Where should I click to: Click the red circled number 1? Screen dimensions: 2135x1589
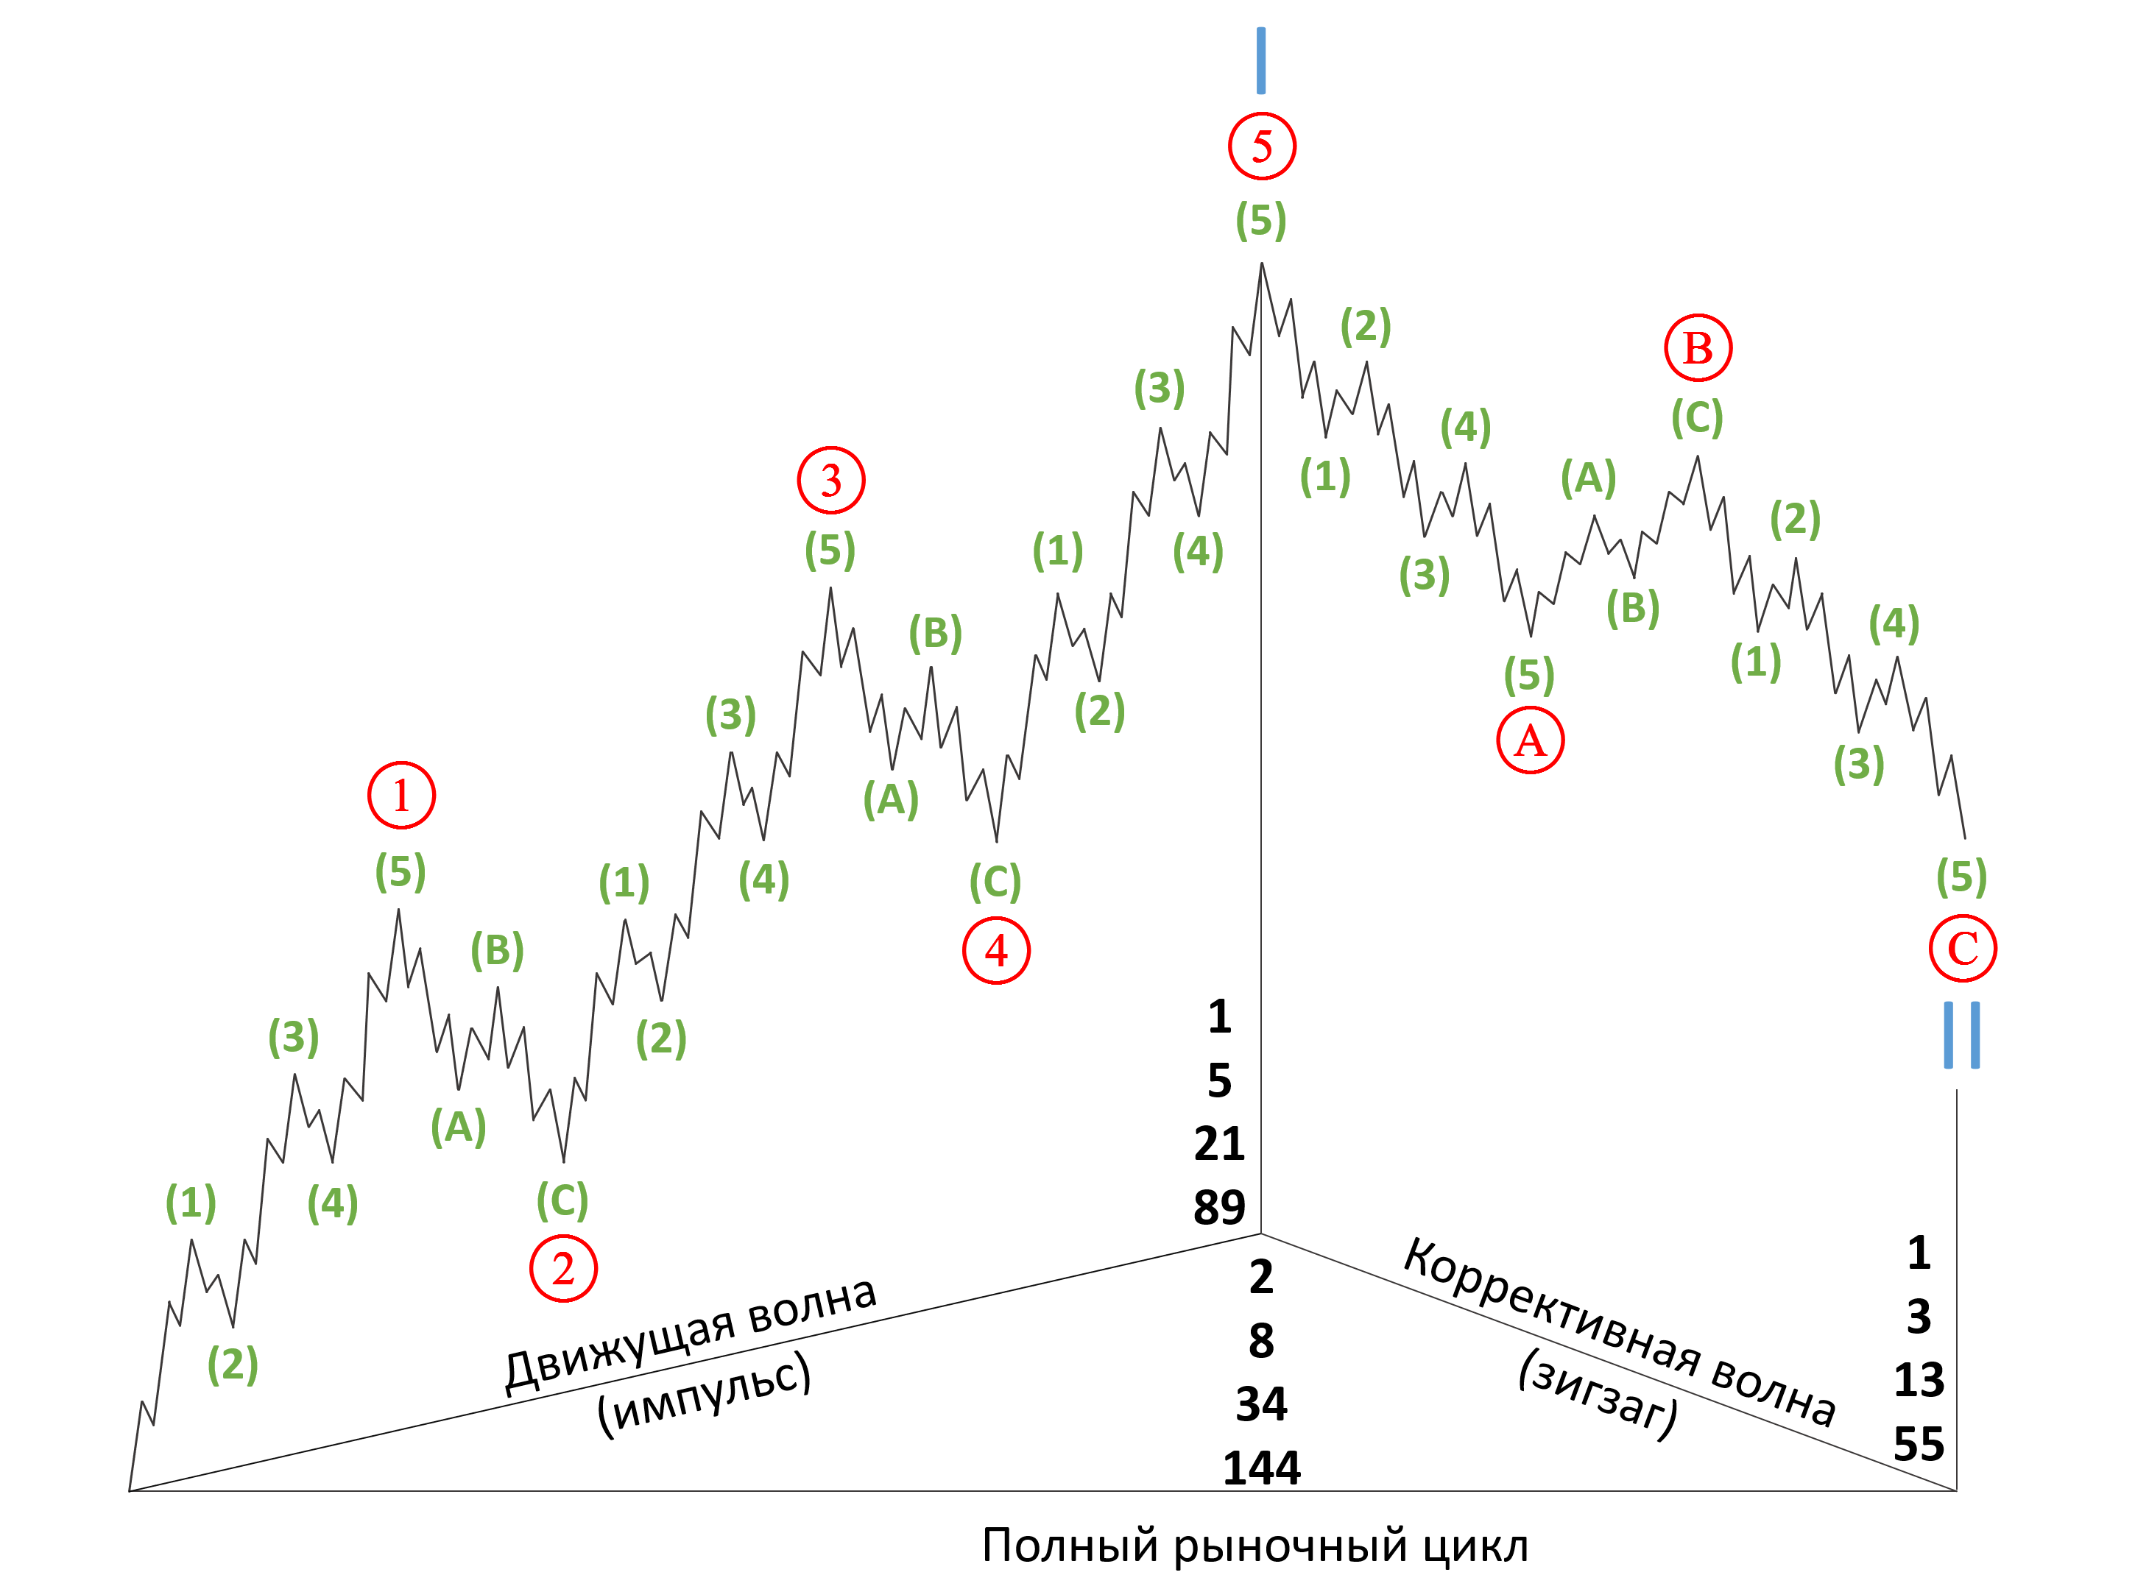[x=401, y=796]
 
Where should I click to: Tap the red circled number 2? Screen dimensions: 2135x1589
[x=563, y=1269]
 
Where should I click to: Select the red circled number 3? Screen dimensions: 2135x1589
[x=831, y=480]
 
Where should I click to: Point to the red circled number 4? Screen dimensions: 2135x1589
[x=997, y=950]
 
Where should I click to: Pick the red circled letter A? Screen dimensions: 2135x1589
[x=1531, y=740]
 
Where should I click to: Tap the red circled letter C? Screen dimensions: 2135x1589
[x=1963, y=949]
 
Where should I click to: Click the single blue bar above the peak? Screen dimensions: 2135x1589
[x=1261, y=60]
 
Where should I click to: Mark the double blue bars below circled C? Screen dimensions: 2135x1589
[x=1962, y=1035]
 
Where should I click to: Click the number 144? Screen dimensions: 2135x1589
[x=1261, y=1468]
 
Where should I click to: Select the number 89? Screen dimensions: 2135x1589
[x=1219, y=1206]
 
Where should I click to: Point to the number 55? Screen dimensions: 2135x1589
[x=1919, y=1444]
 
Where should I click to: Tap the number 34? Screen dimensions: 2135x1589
[x=1261, y=1404]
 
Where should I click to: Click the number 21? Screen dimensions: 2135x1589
[x=1219, y=1143]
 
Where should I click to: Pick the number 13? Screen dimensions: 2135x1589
[x=1919, y=1379]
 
